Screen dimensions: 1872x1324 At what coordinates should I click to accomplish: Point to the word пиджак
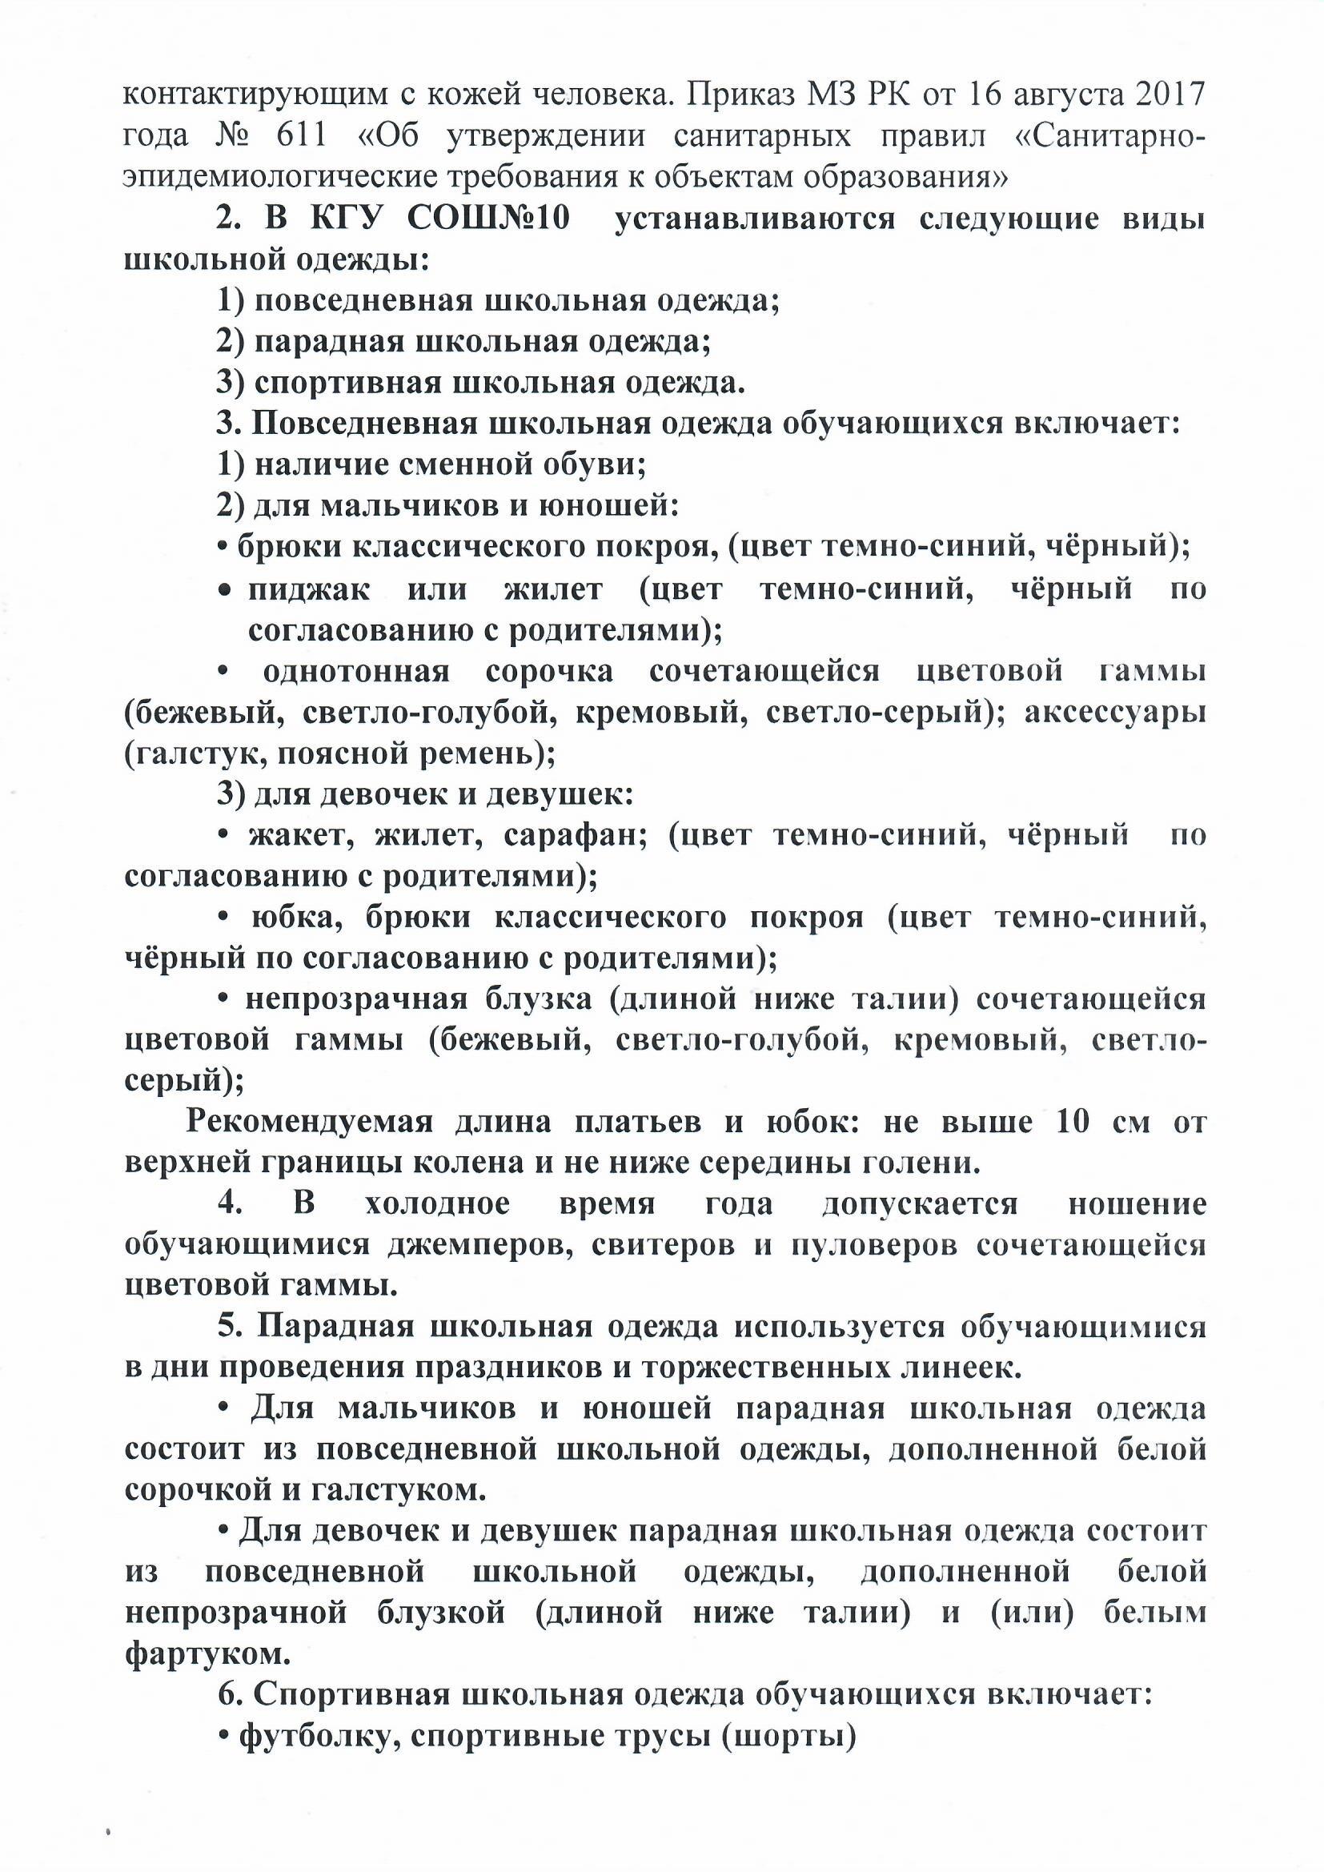click(309, 589)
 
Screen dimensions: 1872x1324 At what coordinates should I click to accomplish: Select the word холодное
click(438, 1205)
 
